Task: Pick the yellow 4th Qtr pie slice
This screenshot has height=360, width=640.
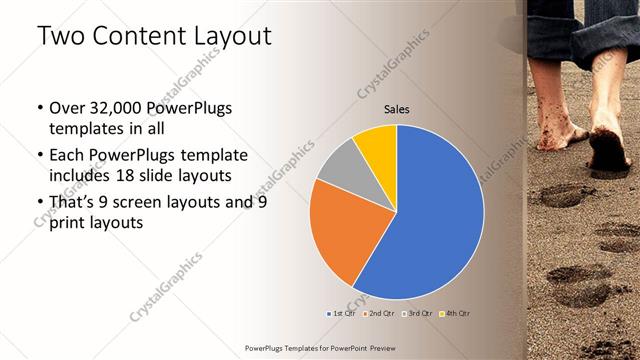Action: pyautogui.click(x=378, y=144)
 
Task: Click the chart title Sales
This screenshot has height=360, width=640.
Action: pyautogui.click(x=397, y=109)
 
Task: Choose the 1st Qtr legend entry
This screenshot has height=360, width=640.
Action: pyautogui.click(x=343, y=313)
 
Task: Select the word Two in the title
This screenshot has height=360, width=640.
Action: pyautogui.click(x=61, y=36)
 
